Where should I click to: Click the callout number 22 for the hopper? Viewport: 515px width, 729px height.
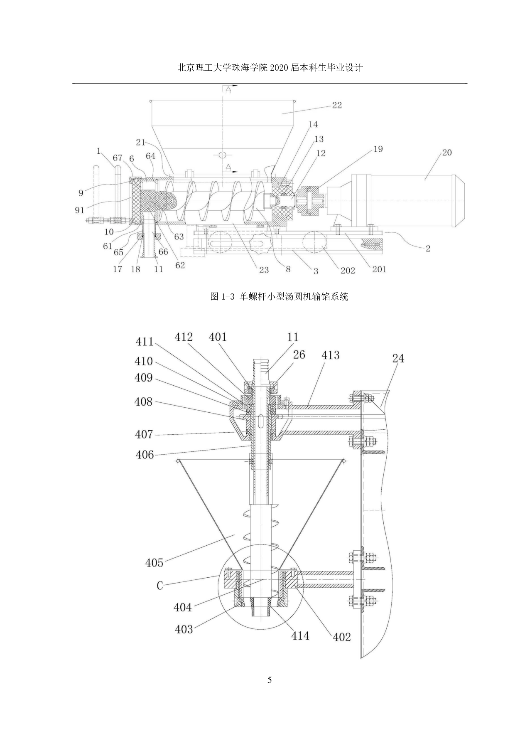pyautogui.click(x=337, y=105)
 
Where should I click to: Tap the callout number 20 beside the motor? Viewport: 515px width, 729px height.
pyautogui.click(x=446, y=153)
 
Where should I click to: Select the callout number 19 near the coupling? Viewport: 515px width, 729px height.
pyautogui.click(x=378, y=149)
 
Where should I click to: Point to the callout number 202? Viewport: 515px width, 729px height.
pyautogui.click(x=348, y=270)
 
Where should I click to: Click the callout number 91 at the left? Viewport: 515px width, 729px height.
pyautogui.click(x=80, y=210)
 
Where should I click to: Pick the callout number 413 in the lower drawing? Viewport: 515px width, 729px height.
pyautogui.click(x=330, y=355)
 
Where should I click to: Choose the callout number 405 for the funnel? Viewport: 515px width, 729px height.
pyautogui.click(x=154, y=562)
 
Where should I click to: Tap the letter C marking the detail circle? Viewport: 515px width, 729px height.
pyautogui.click(x=160, y=586)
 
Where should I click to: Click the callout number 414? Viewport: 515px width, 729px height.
pyautogui.click(x=300, y=635)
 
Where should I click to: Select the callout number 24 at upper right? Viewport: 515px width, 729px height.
pyautogui.click(x=398, y=358)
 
